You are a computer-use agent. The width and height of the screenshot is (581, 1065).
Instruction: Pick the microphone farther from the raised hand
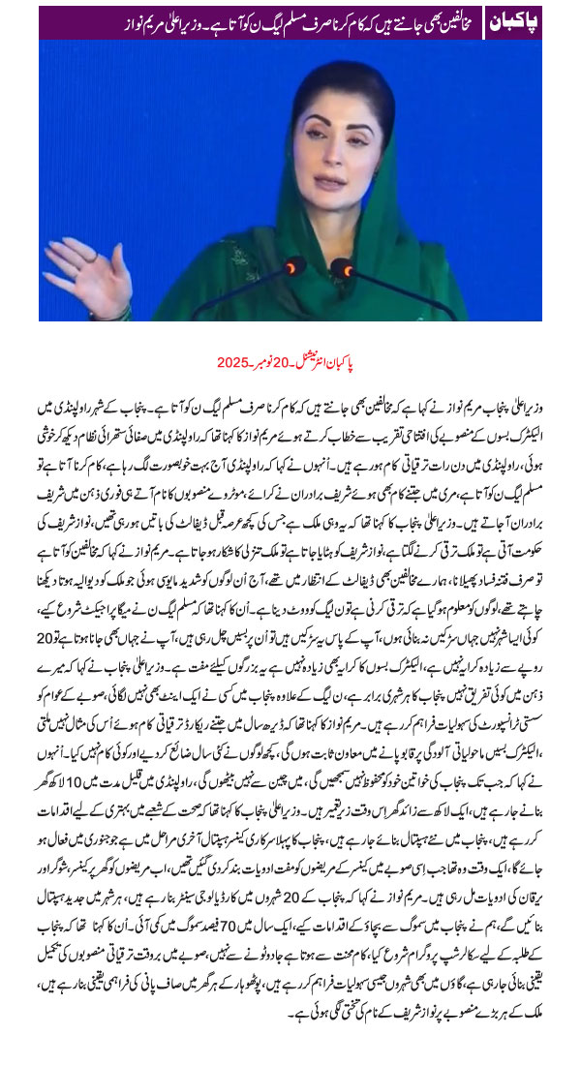[342, 268]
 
